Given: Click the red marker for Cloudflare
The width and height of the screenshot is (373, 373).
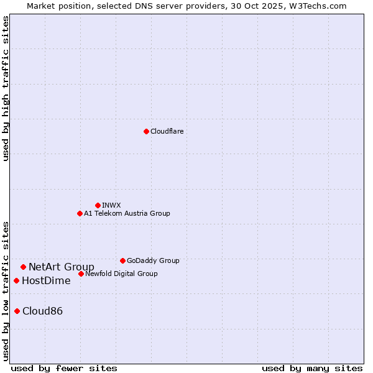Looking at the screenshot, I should (146, 131).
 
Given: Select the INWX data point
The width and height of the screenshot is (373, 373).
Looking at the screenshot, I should (98, 205).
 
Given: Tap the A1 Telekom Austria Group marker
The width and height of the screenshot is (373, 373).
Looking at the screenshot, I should (80, 213).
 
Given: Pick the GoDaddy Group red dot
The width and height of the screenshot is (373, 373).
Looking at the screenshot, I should (122, 260).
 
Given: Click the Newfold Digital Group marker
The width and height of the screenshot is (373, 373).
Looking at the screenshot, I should (81, 274).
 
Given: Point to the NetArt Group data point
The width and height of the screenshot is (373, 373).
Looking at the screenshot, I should (23, 267).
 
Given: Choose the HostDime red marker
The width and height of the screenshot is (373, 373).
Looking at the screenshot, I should (16, 280).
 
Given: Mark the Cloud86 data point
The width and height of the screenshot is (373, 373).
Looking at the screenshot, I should (17, 311).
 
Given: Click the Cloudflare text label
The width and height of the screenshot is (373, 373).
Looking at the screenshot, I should (167, 131).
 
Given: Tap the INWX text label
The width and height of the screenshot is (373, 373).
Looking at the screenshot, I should (111, 205).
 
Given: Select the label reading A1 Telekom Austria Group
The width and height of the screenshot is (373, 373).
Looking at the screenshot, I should (127, 213).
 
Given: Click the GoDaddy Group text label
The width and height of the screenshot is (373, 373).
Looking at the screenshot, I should (153, 260).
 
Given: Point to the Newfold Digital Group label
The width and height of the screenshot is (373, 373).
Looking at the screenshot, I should (121, 274).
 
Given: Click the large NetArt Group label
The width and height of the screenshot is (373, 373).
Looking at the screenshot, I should (62, 267).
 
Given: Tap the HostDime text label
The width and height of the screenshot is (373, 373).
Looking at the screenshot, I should (46, 281).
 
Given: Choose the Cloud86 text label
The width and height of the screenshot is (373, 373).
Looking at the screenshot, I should (42, 311).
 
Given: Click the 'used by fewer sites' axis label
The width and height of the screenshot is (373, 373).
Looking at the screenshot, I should (64, 368).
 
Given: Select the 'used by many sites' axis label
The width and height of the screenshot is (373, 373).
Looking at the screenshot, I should (312, 368).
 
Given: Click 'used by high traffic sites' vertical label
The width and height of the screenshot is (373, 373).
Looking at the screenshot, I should (6, 88).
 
